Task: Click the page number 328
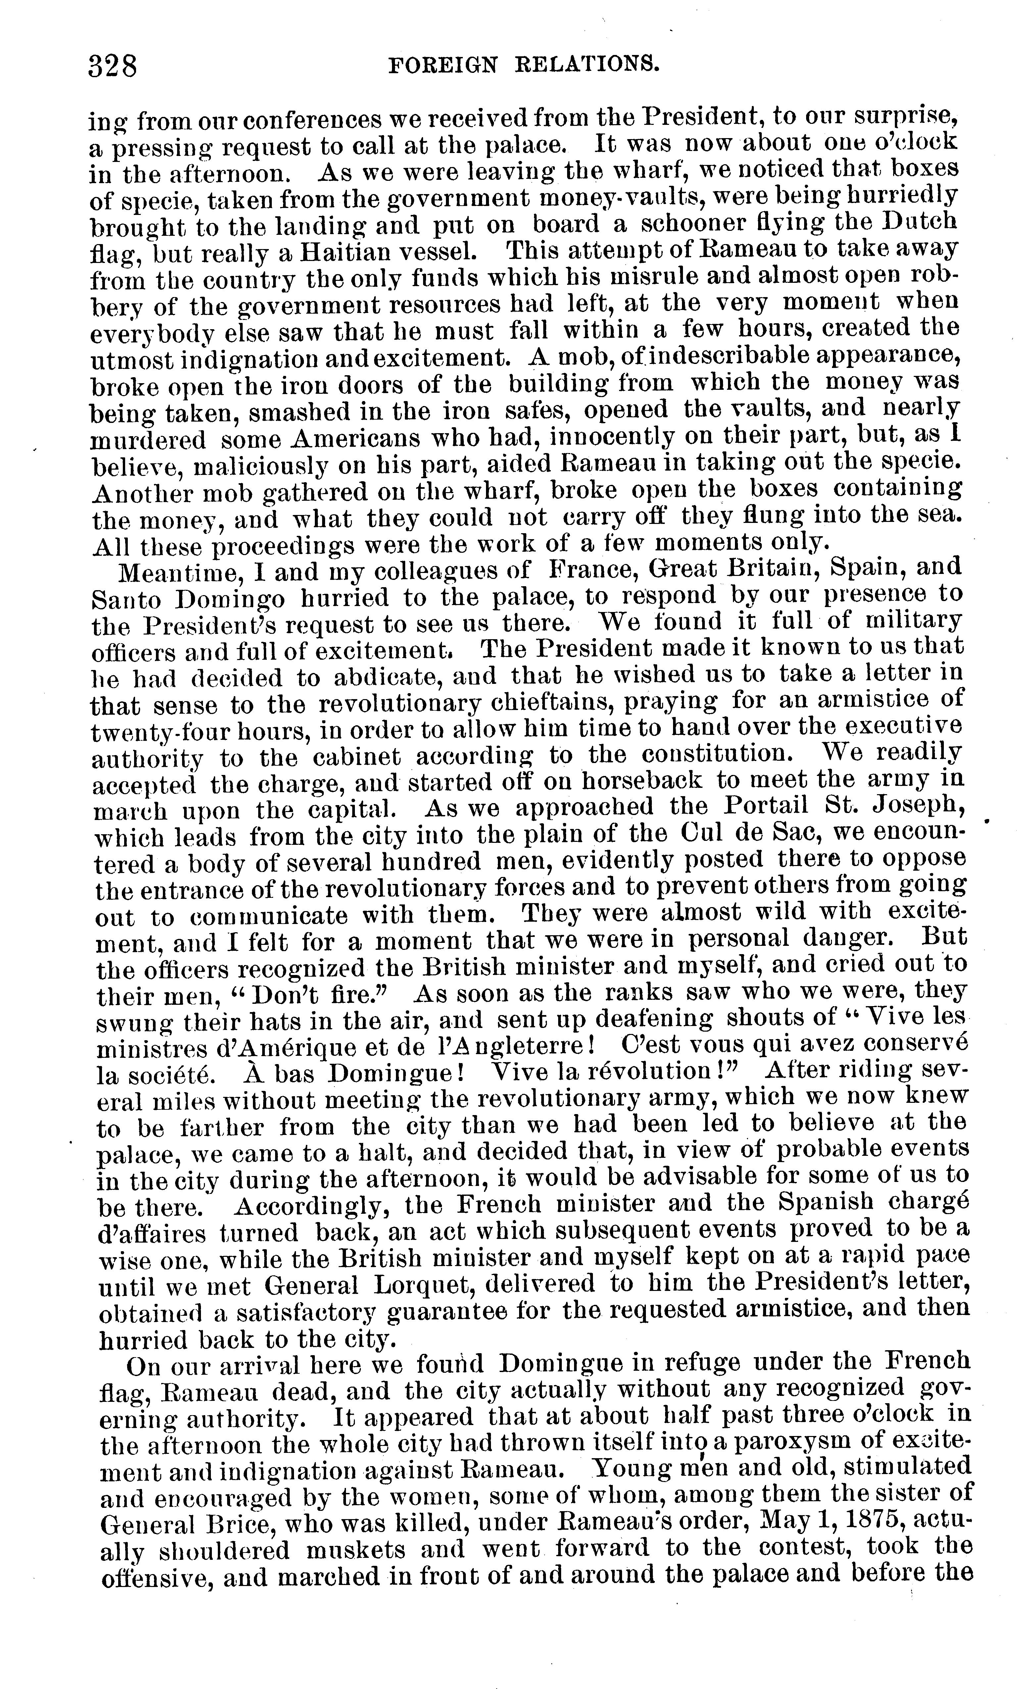(113, 67)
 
